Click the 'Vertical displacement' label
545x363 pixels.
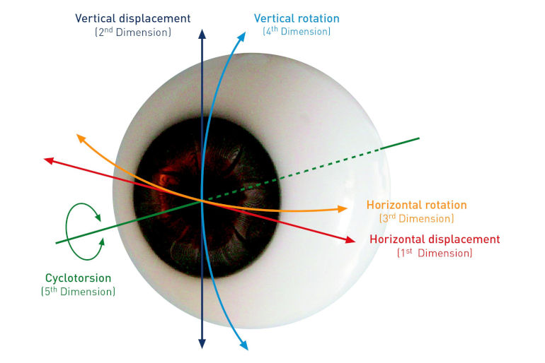pos(133,18)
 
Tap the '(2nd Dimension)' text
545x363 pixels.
pos(133,32)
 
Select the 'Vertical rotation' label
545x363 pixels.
pos(297,18)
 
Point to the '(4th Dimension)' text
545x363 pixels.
pos(297,31)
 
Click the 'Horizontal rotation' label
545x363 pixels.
pos(417,205)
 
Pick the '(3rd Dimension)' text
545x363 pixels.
pos(417,218)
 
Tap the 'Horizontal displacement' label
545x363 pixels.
pos(435,239)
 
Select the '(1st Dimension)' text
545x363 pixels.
pos(435,253)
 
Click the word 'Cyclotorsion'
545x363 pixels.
pos(78,278)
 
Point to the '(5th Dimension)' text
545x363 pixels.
pos(78,291)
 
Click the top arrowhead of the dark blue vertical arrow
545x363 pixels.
pos(202,34)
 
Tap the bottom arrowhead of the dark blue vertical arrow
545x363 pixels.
pos(202,344)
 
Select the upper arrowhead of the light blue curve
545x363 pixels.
pos(242,37)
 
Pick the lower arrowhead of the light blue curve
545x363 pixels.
pos(244,345)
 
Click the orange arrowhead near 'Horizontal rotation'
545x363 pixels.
pos(343,208)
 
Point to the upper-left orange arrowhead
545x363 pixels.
pos(81,138)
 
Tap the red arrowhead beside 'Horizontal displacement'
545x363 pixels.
pos(351,239)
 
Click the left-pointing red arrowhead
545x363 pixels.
pos(49,160)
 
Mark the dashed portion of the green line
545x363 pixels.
pos(292,174)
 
